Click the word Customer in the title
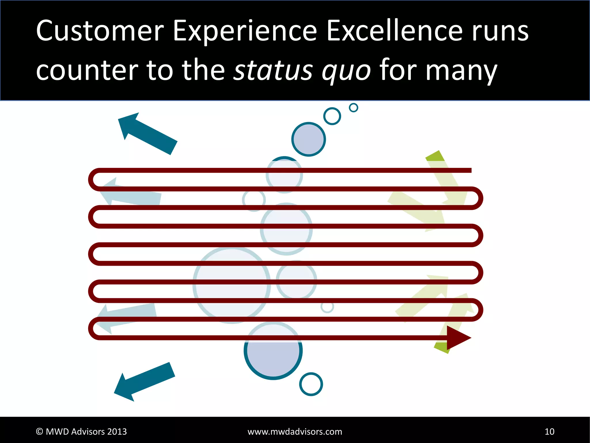point(100,31)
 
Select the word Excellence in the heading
point(394,31)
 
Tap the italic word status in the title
point(273,70)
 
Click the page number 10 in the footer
point(549,431)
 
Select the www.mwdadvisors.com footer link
point(295,431)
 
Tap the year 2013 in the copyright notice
point(117,431)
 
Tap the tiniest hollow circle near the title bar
point(353,108)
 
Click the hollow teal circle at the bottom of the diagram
point(311,384)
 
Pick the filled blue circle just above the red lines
point(309,139)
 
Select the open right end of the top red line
point(470,170)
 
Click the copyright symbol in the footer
point(39,431)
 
